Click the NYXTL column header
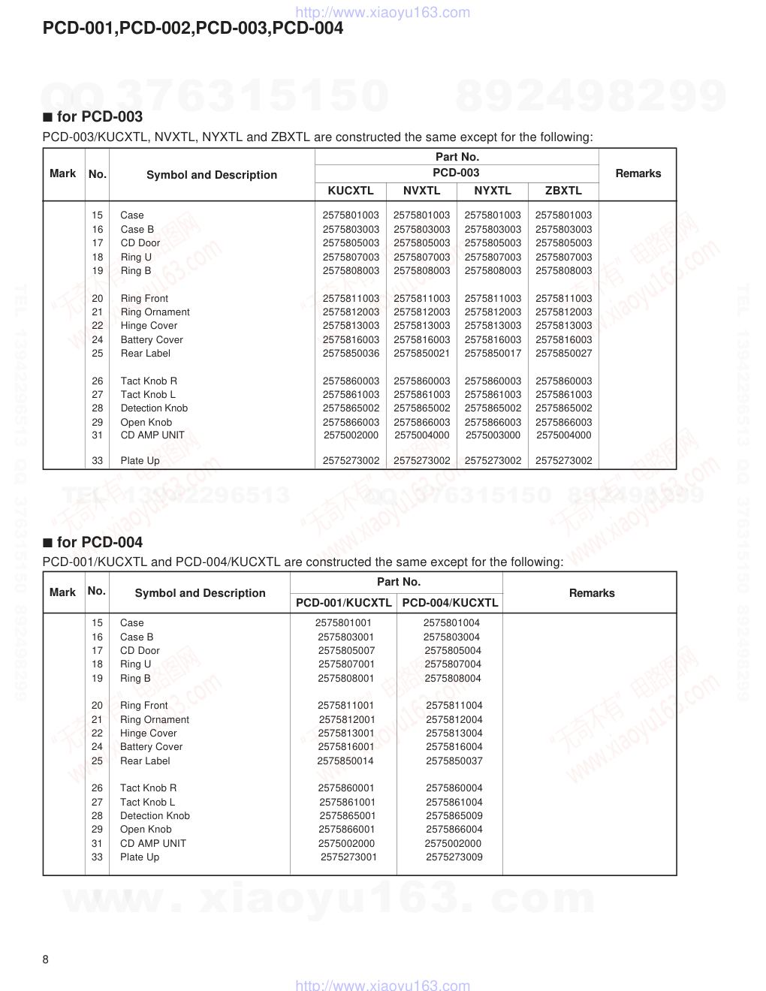point(493,191)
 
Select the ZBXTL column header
point(563,191)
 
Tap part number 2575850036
point(351,354)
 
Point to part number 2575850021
point(421,354)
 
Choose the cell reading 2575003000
point(493,435)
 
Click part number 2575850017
point(493,354)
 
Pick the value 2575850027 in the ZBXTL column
point(563,354)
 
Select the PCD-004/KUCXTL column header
point(450,603)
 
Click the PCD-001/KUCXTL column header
point(344,603)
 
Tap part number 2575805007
point(346,651)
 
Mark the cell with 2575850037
point(454,761)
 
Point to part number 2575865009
point(454,816)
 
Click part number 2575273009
point(454,857)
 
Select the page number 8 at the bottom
point(46,959)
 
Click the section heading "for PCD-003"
point(99,117)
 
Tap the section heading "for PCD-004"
point(99,543)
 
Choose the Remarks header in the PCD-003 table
point(638,173)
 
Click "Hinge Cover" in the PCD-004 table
point(149,733)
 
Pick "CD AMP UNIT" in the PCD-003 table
point(152,435)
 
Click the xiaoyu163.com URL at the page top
point(383,12)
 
